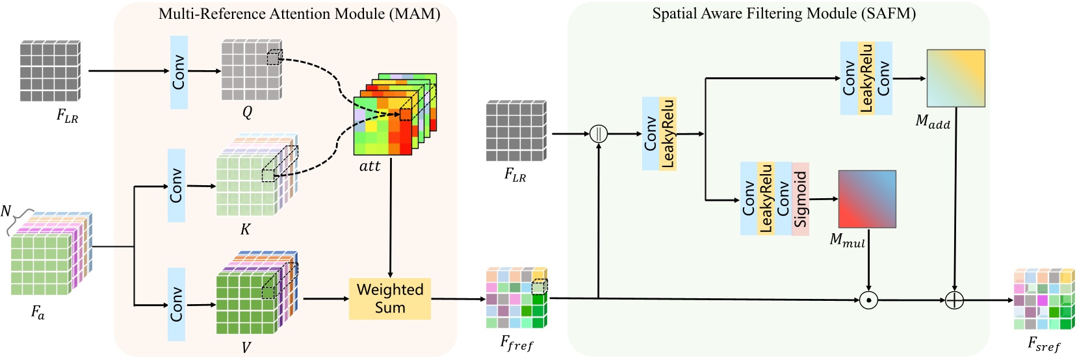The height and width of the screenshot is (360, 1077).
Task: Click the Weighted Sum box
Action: coord(389,299)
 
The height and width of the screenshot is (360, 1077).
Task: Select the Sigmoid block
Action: coord(800,199)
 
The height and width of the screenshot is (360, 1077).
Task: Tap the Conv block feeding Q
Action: coord(179,72)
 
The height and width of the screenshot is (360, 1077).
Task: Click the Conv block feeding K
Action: coord(176,185)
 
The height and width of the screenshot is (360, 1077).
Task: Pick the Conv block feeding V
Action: coord(176,304)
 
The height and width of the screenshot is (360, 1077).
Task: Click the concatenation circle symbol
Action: coord(598,134)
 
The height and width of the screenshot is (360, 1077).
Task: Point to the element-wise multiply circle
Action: coord(868,300)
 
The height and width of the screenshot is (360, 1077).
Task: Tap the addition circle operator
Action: coord(954,300)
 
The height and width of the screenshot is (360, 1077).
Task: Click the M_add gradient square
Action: coord(955,78)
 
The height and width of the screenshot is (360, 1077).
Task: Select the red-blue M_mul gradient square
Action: coord(867,199)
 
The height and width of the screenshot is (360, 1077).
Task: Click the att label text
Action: coord(370,166)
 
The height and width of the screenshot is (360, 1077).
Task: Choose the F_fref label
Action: coord(517,342)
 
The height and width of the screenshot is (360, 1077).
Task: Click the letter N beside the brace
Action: coord(6,211)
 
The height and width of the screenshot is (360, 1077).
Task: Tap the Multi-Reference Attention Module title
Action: coord(299,14)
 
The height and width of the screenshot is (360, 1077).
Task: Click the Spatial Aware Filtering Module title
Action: coord(784,14)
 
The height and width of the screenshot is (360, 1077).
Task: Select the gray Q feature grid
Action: coord(250,70)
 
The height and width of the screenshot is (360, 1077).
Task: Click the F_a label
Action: coord(38,313)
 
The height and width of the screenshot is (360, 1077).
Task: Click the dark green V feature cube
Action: coord(250,302)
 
